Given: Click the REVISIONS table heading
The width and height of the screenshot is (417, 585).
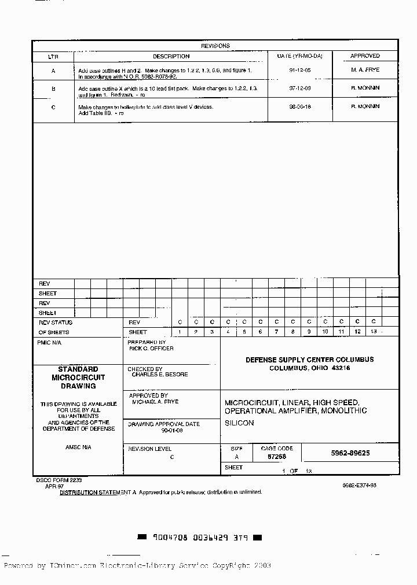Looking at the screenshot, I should pyautogui.click(x=215, y=46).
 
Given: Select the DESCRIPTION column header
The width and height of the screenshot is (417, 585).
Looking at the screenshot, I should pyautogui.click(x=171, y=56).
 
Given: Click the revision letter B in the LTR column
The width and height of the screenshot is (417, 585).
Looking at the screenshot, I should pyautogui.click(x=53, y=89).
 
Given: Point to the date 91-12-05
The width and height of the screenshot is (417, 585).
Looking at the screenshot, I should pyautogui.click(x=299, y=69).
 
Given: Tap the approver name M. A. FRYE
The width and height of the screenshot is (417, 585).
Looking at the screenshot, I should pyautogui.click(x=365, y=69).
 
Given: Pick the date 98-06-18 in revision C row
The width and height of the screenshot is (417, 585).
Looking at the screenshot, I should pyautogui.click(x=299, y=107).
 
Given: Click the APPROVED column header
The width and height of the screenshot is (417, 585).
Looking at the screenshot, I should pyautogui.click(x=365, y=56).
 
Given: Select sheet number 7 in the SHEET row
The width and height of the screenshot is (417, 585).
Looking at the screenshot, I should pyautogui.click(x=277, y=332).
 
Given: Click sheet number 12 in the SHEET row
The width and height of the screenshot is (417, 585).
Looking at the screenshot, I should pyautogui.click(x=357, y=332).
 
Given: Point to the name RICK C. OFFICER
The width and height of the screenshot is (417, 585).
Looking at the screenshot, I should pyautogui.click(x=151, y=349).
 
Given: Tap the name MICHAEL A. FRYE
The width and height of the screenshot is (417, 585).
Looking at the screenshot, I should pyautogui.click(x=155, y=402).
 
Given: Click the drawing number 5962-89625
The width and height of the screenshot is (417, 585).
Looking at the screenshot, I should pyautogui.click(x=350, y=453).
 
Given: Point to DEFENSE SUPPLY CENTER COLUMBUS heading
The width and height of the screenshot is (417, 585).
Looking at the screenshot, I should pyautogui.click(x=309, y=360).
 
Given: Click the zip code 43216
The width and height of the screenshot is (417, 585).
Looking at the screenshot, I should pyautogui.click(x=341, y=368).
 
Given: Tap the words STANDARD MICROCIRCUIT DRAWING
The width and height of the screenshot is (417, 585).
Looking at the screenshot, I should pyautogui.click(x=78, y=377).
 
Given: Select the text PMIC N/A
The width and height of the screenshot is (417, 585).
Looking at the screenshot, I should pyautogui.click(x=49, y=343).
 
